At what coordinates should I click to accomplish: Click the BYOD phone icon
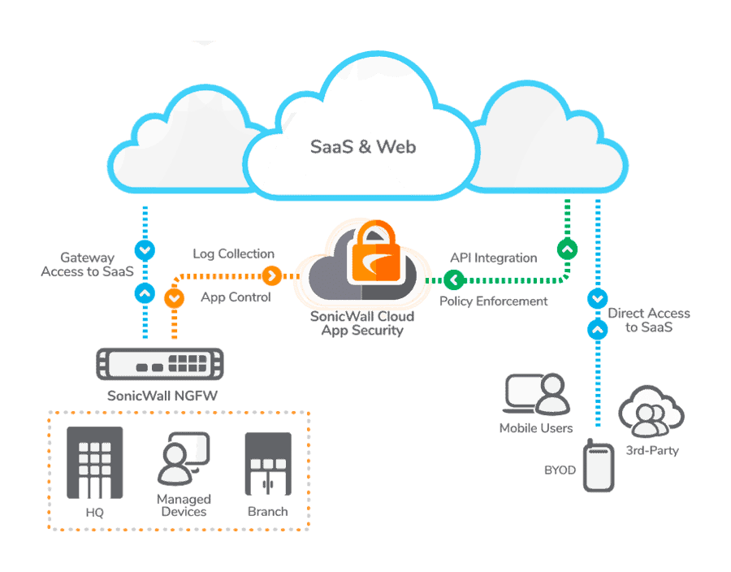tap(599, 466)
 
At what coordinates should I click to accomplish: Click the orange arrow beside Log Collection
tap(272, 275)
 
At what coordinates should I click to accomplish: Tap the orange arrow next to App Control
tap(174, 298)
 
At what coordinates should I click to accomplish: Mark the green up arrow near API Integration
tap(567, 249)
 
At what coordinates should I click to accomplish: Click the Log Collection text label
tap(233, 254)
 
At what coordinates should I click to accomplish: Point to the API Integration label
tap(493, 258)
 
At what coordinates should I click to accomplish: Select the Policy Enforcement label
tap(493, 301)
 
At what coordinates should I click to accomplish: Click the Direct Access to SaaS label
tap(649, 320)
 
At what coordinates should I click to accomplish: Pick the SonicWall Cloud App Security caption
tap(361, 323)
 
